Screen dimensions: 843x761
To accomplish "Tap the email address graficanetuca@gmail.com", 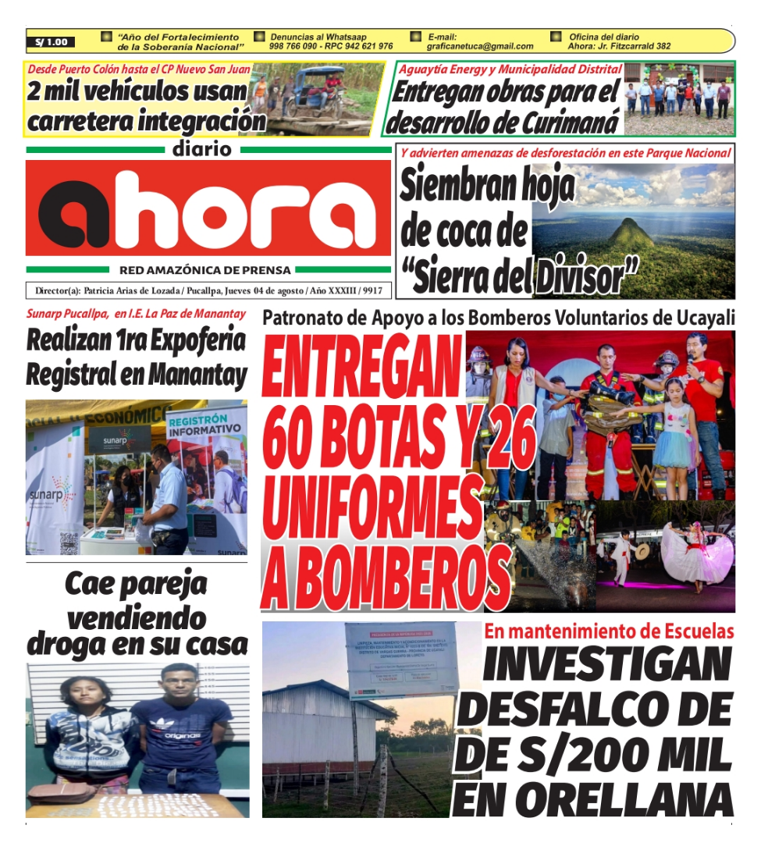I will (x=479, y=47).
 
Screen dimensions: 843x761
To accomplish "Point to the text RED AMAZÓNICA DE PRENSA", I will (x=204, y=270).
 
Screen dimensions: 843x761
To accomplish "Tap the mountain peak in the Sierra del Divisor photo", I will (x=631, y=229).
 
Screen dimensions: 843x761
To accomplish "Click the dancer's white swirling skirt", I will (x=696, y=556).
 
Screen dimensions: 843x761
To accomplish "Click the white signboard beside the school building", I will (x=400, y=660).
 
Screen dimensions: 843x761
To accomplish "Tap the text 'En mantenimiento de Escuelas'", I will (x=608, y=631).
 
